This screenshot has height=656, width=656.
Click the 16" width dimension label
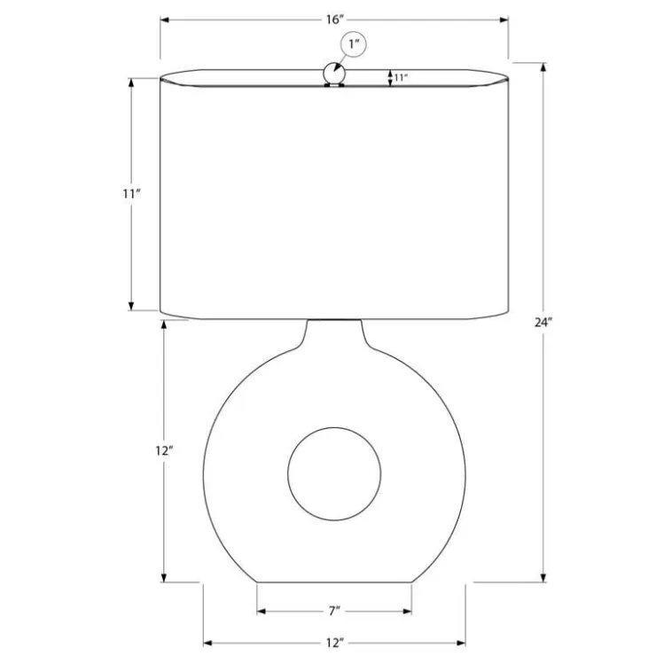335,20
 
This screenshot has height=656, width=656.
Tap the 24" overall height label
543,323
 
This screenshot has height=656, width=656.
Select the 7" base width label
334,612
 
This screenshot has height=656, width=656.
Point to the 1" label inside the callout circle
355,43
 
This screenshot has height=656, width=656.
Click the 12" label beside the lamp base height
164,451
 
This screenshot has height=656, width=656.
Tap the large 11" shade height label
131,194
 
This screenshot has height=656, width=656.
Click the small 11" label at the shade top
401,78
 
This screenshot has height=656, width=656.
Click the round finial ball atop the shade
334,74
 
